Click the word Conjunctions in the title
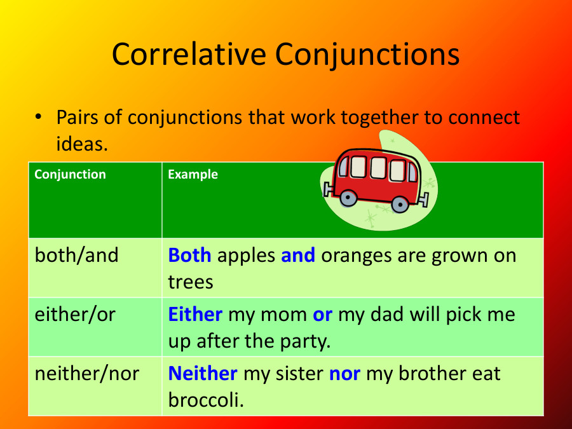pyautogui.click(x=369, y=55)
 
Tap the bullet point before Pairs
pyautogui.click(x=38, y=118)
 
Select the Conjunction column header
pyautogui.click(x=70, y=174)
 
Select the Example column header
pyautogui.click(x=193, y=174)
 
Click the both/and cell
pyautogui.click(x=76, y=255)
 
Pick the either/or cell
pyautogui.click(x=75, y=314)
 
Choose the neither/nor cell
pyautogui.click(x=86, y=373)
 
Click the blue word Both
pyautogui.click(x=189, y=255)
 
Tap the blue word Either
pyautogui.click(x=195, y=314)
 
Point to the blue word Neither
pyautogui.click(x=203, y=373)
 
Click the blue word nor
pyautogui.click(x=344, y=373)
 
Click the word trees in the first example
pyautogui.click(x=191, y=282)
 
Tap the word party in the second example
pyautogui.click(x=303, y=341)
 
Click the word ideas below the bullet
pyautogui.click(x=81, y=144)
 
